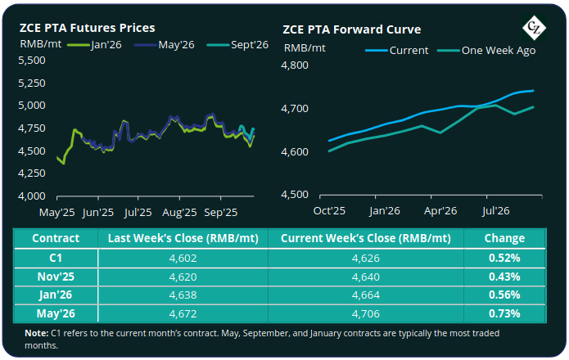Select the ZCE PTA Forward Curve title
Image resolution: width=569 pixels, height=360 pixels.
click(x=351, y=29)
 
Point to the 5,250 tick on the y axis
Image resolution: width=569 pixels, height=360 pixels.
click(x=34, y=84)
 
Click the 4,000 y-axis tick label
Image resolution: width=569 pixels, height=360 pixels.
click(x=34, y=196)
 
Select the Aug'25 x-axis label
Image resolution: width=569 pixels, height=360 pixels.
click(x=180, y=212)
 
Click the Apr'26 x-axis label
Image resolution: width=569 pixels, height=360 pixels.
click(x=440, y=212)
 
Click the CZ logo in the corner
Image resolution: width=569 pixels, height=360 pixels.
click(x=536, y=28)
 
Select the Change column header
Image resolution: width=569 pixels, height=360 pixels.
click(x=504, y=238)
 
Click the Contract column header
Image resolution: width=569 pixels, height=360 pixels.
click(x=55, y=238)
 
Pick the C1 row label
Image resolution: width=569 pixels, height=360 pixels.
click(x=55, y=257)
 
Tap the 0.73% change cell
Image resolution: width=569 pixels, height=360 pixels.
click(x=504, y=313)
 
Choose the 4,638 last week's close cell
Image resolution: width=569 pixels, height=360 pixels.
click(x=182, y=295)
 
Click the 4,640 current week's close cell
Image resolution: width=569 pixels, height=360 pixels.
click(x=365, y=276)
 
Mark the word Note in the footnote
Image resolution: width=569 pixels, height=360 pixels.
click(x=37, y=333)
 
